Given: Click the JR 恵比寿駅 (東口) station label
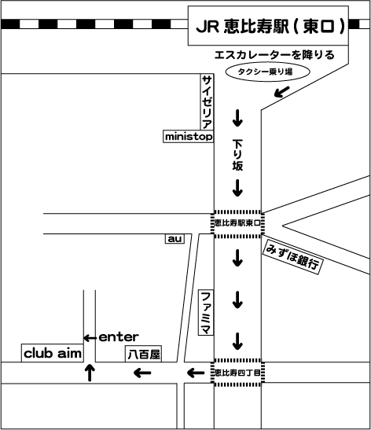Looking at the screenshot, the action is coord(268,25).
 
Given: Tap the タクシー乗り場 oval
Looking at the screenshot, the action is coord(267,72).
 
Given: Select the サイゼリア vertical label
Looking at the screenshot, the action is coord(207,101).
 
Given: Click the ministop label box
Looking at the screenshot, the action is coord(189,136).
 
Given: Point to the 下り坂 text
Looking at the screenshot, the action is coord(237,155).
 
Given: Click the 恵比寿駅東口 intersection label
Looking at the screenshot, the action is coord(237,223).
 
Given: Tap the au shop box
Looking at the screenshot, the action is coord(174,239).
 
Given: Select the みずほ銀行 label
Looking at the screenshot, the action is coord(292,257).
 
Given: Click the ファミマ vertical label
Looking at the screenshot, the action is coord(206,312).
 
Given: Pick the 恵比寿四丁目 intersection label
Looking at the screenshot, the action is coord(237,373).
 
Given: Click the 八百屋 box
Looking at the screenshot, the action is coord(143,354).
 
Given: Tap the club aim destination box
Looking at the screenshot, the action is coord(53,353).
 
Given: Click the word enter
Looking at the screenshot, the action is coord(119,337).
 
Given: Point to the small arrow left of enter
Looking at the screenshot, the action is coord(90,338).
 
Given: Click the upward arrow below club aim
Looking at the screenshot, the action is coord(90,373).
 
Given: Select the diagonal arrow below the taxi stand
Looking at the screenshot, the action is coord(282,92).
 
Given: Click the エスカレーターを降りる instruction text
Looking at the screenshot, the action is coord(274,55).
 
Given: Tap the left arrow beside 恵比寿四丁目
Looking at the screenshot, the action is coord(196,373).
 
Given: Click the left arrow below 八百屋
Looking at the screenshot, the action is coord(142,373).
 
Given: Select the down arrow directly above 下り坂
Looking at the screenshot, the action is coord(237,118).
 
